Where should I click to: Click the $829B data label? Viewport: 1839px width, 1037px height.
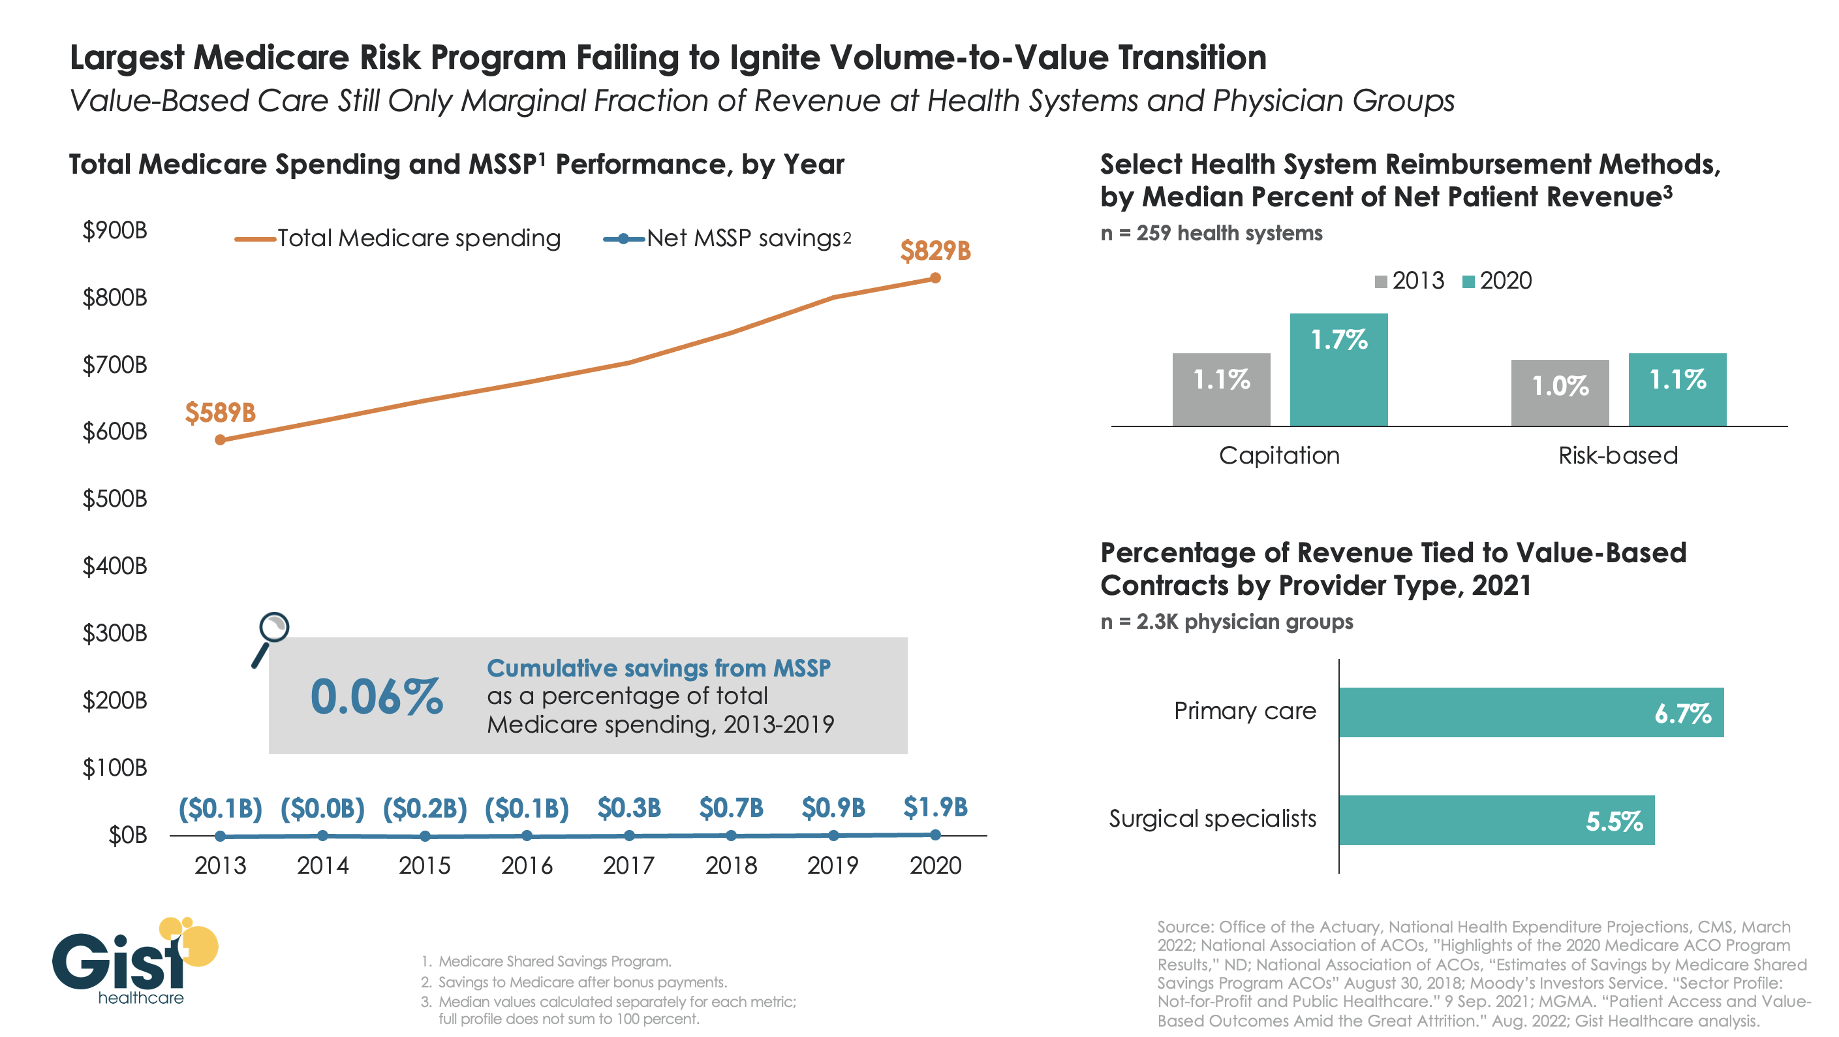[x=935, y=251]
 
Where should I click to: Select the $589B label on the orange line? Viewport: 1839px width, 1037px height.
[x=220, y=413]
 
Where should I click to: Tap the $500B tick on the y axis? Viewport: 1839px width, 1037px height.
[x=115, y=498]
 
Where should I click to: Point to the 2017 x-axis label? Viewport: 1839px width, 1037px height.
[x=628, y=866]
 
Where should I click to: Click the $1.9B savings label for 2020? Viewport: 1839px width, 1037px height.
[x=935, y=808]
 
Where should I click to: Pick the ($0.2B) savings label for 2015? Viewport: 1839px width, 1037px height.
[x=425, y=808]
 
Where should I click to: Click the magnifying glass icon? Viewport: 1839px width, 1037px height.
[x=270, y=639]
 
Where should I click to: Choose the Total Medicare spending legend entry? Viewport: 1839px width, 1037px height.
[x=397, y=238]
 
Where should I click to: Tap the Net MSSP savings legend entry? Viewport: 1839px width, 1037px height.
[x=728, y=238]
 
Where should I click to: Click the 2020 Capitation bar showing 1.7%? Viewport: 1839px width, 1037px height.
[x=1338, y=370]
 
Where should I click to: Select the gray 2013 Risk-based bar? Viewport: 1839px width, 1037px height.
[x=1559, y=393]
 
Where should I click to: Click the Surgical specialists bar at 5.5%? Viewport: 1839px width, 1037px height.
[x=1496, y=820]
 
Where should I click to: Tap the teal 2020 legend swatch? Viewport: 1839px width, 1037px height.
[x=1468, y=281]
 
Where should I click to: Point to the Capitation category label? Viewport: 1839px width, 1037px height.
[x=1278, y=456]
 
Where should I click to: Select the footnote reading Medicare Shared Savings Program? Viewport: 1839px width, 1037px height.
[x=554, y=961]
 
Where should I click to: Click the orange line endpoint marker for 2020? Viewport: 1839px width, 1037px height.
[x=935, y=278]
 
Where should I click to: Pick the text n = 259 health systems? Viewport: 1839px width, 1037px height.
[x=1211, y=234]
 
